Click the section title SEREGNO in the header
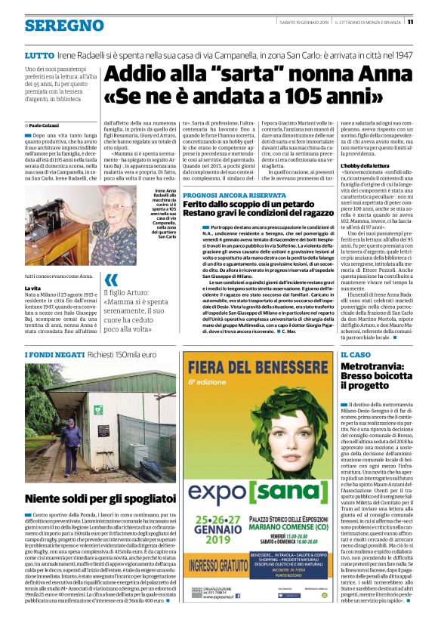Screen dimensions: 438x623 coord(64,26)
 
